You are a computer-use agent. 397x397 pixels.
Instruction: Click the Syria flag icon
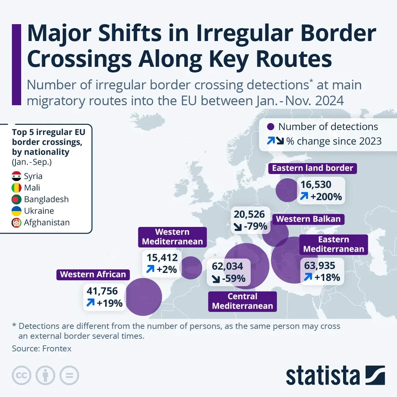tap(17, 176)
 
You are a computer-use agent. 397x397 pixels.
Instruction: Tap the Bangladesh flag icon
tap(17, 199)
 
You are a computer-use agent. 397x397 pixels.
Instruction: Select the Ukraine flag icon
tap(17, 211)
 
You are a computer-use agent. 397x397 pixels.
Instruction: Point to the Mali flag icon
tap(17, 188)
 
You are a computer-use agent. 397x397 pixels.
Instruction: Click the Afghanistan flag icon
tap(17, 222)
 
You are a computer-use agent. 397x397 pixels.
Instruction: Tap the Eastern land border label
tap(312, 168)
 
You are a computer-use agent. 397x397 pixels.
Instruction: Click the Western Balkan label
tap(308, 219)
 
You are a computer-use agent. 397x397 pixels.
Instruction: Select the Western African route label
tap(93, 274)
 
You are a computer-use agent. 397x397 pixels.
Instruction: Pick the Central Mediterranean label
tap(243, 301)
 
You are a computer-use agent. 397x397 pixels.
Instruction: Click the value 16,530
tap(316, 185)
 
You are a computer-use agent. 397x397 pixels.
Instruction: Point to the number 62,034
tap(227, 266)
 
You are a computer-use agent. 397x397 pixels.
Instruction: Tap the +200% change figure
tap(326, 197)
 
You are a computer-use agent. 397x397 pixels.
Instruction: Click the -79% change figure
tap(255, 227)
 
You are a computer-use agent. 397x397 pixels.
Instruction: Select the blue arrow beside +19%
tap(90, 302)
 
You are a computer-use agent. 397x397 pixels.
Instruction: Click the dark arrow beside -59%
tap(216, 279)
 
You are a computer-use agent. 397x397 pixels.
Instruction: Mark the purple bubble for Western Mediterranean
tap(191, 268)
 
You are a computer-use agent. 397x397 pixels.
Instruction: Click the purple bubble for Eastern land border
tap(287, 190)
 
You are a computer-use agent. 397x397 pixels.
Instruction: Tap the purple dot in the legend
tap(271, 127)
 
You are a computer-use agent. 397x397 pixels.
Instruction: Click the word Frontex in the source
tap(57, 348)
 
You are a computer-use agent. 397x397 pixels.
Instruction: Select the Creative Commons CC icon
tap(22, 375)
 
